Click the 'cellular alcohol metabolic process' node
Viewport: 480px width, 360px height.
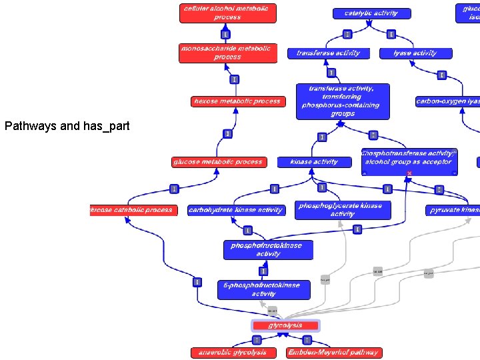pyautogui.click(x=227, y=13)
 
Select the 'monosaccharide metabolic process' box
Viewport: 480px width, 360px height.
pyautogui.click(x=227, y=53)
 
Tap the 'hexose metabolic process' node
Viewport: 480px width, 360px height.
pyautogui.click(x=237, y=101)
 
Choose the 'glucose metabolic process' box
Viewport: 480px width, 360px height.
pyautogui.click(x=219, y=162)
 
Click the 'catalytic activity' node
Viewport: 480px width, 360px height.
pyautogui.click(x=371, y=13)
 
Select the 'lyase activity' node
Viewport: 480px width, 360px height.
pyautogui.click(x=415, y=53)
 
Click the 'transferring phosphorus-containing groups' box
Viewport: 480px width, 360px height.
pyautogui.click(x=343, y=101)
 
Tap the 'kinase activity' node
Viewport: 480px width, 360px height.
pyautogui.click(x=314, y=162)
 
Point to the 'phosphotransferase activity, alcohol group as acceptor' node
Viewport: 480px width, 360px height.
pyautogui.click(x=409, y=159)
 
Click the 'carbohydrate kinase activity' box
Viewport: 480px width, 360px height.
pyautogui.click(x=236, y=210)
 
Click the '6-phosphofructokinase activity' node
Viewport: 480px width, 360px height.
pyautogui.click(x=264, y=289)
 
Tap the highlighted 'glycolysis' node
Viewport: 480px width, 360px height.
pyautogui.click(x=285, y=326)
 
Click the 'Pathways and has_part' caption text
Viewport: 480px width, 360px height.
pyautogui.click(x=67, y=125)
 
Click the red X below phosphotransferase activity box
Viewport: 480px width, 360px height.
pyautogui.click(x=409, y=173)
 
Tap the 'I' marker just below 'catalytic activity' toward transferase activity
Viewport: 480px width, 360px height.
pyautogui.click(x=347, y=34)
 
